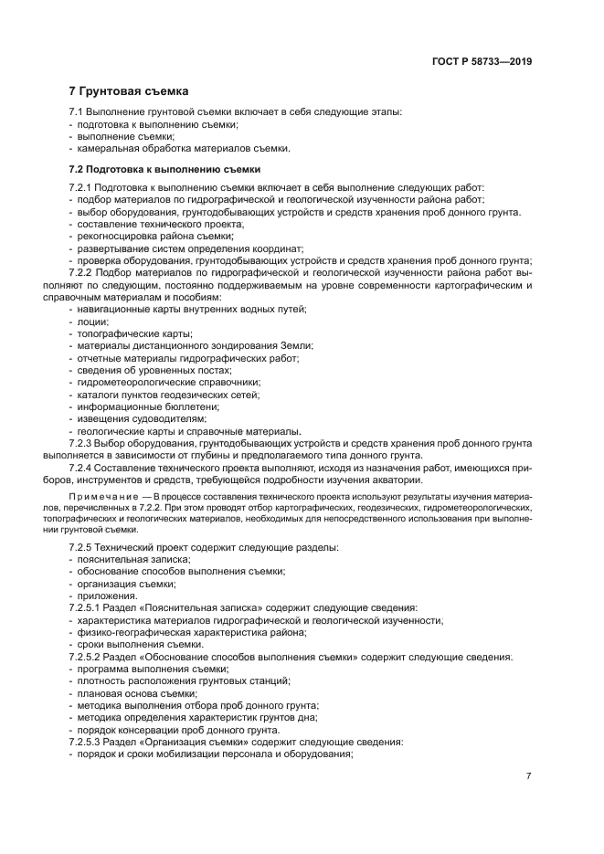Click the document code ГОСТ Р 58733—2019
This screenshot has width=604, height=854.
tap(482, 62)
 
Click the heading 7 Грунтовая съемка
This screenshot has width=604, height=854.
tap(129, 91)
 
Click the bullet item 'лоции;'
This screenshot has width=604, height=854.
tap(93, 322)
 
